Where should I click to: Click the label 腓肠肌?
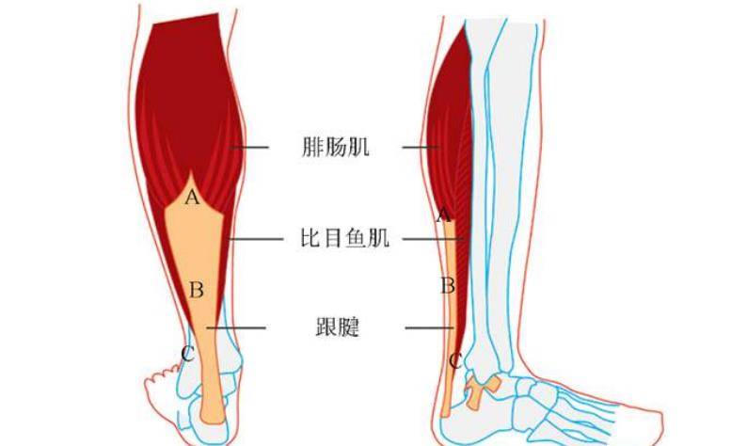tap(335, 147)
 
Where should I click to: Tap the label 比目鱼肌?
tap(344, 238)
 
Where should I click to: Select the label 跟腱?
tap(338, 327)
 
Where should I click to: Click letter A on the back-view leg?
tap(192, 197)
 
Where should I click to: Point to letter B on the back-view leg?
tap(197, 290)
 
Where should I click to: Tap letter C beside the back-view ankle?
tap(188, 354)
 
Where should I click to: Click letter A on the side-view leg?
tap(443, 215)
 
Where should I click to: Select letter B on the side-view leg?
tap(447, 286)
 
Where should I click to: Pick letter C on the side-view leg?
tap(455, 361)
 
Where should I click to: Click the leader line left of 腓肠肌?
tap(249, 147)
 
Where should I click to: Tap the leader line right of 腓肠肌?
tap(421, 147)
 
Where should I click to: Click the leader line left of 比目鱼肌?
tap(256, 239)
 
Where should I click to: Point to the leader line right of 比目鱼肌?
tap(433, 239)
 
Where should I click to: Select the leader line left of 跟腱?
tap(236, 327)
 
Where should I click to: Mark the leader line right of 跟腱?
tap(429, 327)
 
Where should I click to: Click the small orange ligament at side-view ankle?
tap(481, 390)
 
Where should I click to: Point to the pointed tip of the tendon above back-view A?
tap(190, 172)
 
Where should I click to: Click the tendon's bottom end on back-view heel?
tap(213, 421)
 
